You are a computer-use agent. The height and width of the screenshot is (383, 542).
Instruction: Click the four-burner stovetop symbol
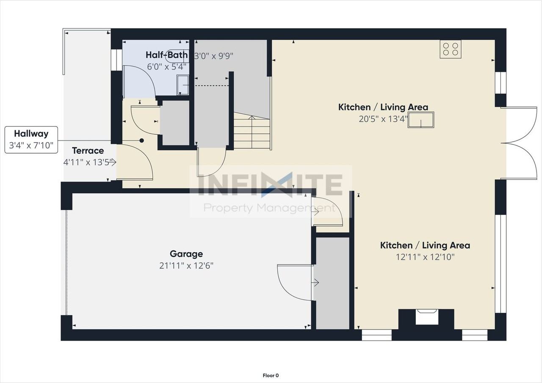pos(450,49)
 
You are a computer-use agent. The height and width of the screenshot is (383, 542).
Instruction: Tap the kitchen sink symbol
pos(420,120)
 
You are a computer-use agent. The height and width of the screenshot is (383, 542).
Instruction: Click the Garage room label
pos(186,254)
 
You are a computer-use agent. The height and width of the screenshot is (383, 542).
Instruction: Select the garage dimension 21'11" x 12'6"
pos(186,266)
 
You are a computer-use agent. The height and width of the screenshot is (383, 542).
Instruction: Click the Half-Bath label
pos(167,55)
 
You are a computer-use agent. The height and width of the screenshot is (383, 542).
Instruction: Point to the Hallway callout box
pos(31,140)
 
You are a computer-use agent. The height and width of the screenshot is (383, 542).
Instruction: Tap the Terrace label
pos(88,151)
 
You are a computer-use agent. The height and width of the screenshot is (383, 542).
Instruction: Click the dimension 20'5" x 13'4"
pos(383,119)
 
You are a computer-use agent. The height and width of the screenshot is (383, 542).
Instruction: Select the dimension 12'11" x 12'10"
pos(425,257)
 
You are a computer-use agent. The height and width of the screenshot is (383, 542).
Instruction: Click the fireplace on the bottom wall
pos(426,317)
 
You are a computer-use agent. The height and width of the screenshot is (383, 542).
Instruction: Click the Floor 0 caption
pos(271,375)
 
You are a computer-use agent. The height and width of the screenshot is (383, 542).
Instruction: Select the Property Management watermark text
pos(269,208)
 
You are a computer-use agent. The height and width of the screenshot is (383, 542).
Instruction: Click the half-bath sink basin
pos(183,85)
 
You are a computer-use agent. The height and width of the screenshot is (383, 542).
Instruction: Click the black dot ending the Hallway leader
pos(142,141)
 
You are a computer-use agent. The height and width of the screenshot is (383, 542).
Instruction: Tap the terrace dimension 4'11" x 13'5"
pos(88,162)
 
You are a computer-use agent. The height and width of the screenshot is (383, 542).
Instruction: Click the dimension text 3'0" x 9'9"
pos(214,55)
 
